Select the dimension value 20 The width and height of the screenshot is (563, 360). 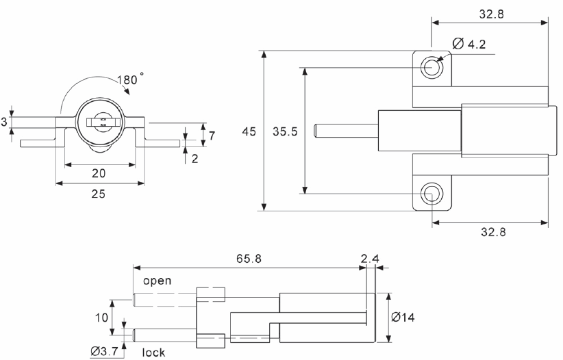pyautogui.click(x=99, y=174)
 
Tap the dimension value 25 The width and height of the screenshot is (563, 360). pyautogui.click(x=99, y=194)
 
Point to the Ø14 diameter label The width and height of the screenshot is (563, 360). pyautogui.click(x=405, y=318)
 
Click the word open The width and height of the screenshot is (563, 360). pyautogui.click(x=157, y=281)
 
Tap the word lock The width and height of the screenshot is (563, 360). pyautogui.click(x=154, y=352)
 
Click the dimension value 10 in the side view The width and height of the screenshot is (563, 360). pyautogui.click(x=99, y=318)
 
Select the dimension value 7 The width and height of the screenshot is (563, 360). pyautogui.click(x=212, y=136)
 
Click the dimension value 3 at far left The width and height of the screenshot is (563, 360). pyautogui.click(x=5, y=122)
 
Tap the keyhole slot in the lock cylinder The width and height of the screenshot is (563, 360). pyautogui.click(x=100, y=123)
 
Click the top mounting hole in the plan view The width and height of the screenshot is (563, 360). pyautogui.click(x=431, y=67)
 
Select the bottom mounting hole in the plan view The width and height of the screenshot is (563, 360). pyautogui.click(x=431, y=194)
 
